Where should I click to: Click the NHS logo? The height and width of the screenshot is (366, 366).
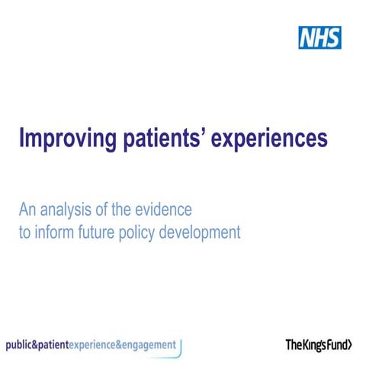click(x=319, y=37)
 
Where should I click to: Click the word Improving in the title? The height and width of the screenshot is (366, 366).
click(x=69, y=140)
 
